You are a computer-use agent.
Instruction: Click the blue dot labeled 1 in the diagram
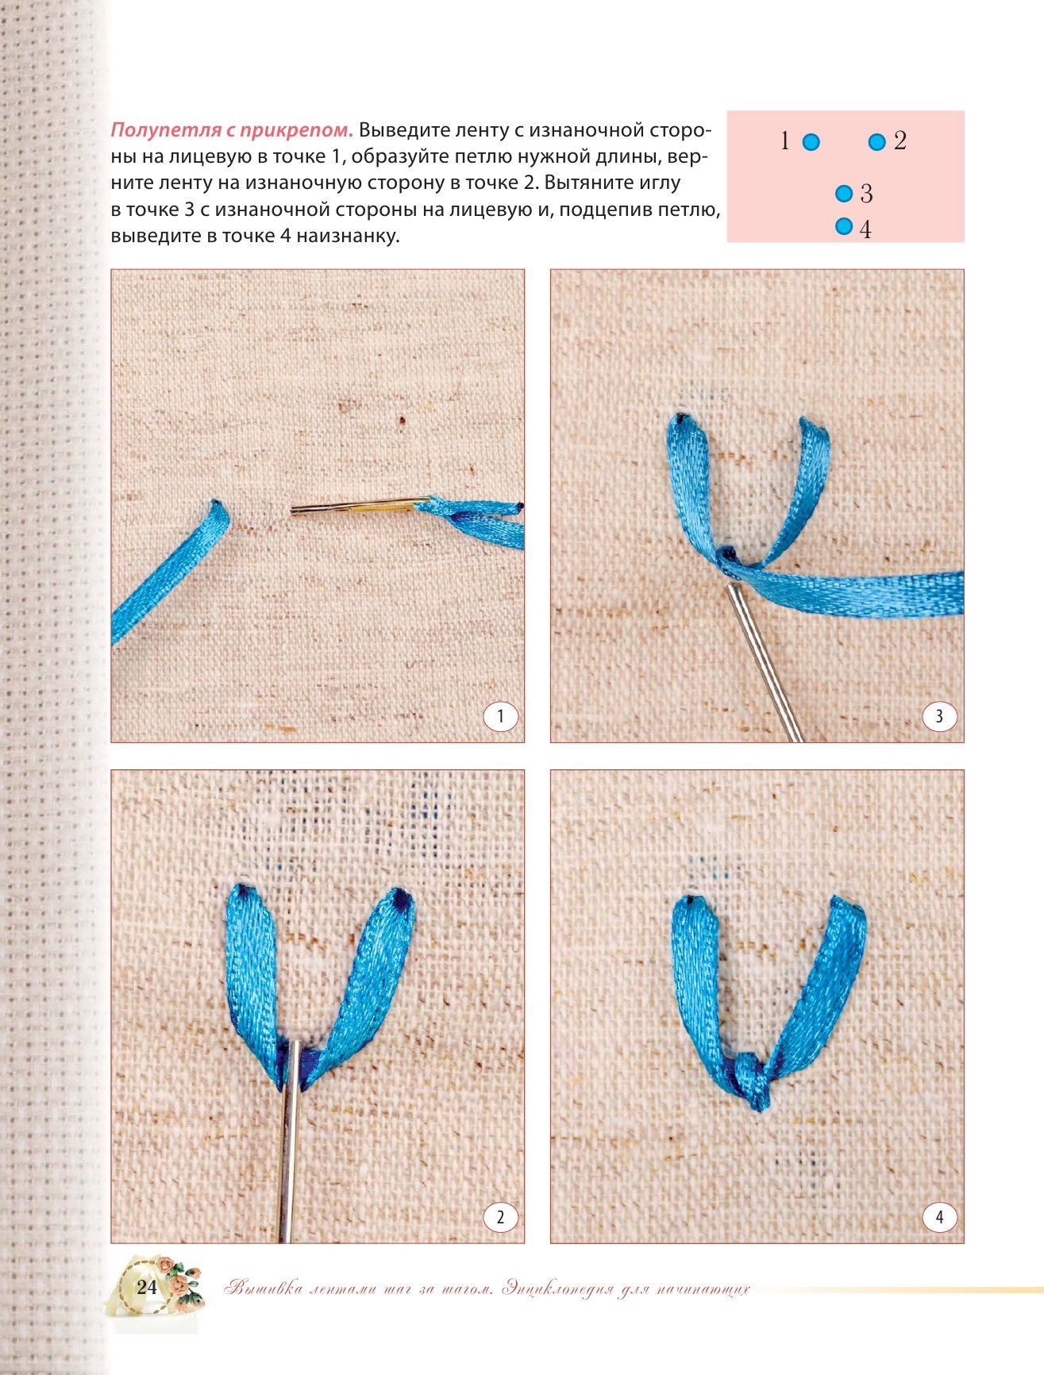point(811,142)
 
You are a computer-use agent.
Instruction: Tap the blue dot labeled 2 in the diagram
point(876,142)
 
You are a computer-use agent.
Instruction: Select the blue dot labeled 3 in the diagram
point(844,193)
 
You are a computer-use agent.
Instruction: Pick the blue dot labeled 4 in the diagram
point(844,226)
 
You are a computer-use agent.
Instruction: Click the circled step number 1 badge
point(500,717)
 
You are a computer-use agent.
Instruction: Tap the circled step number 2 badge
point(500,1217)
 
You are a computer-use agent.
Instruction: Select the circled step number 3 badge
point(940,717)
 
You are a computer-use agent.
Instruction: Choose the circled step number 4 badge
point(940,1217)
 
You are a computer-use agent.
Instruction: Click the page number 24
point(147,1287)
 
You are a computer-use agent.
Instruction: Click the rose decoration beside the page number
point(181,1283)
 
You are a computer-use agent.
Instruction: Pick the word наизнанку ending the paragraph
point(347,237)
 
